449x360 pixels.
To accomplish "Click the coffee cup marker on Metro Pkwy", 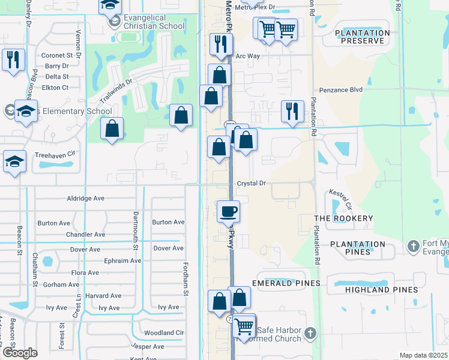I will point(228,212).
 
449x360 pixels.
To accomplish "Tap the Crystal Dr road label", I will point(251,183).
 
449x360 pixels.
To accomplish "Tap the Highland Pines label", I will point(381,290).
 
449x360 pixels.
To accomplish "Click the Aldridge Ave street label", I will point(86,198).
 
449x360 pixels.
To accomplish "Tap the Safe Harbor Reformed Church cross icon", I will point(310,332).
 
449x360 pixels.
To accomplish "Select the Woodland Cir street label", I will point(164,332).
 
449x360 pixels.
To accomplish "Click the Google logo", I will point(20,353).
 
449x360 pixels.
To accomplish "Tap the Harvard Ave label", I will point(103,296).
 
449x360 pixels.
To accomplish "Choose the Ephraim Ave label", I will point(122,260).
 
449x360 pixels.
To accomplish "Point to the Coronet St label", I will point(56,55).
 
